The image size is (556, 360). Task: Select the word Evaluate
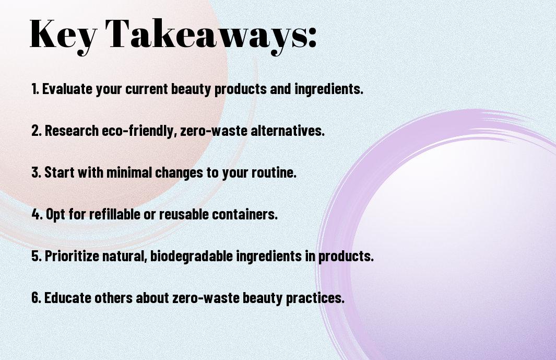(67, 88)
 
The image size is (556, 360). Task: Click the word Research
(72, 130)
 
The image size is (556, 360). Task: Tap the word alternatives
(288, 130)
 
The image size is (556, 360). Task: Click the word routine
(274, 173)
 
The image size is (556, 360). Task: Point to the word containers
(245, 214)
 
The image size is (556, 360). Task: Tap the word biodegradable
(192, 256)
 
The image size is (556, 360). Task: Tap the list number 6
(37, 297)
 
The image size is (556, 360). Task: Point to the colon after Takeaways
(312, 37)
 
